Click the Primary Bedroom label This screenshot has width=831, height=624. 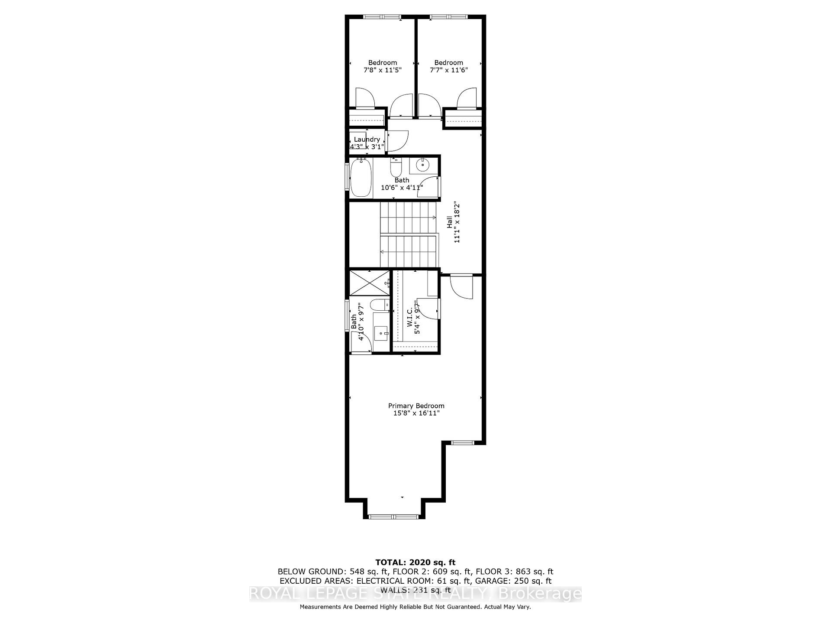pyautogui.click(x=416, y=406)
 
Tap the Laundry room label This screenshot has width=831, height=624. pyautogui.click(x=367, y=139)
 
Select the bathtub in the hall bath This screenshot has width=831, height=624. pyautogui.click(x=361, y=178)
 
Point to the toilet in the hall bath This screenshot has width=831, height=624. pyautogui.click(x=396, y=166)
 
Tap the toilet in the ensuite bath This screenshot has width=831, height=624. pyautogui.click(x=381, y=305)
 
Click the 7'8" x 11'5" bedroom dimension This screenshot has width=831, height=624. pyautogui.click(x=383, y=70)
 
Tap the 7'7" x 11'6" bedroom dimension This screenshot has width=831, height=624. pyautogui.click(x=449, y=70)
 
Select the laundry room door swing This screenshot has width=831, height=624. pyautogui.click(x=397, y=141)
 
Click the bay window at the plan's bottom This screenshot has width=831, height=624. pyautogui.click(x=393, y=516)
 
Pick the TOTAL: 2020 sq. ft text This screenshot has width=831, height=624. pyautogui.click(x=415, y=563)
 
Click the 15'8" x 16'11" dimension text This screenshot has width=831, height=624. pyautogui.click(x=416, y=413)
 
